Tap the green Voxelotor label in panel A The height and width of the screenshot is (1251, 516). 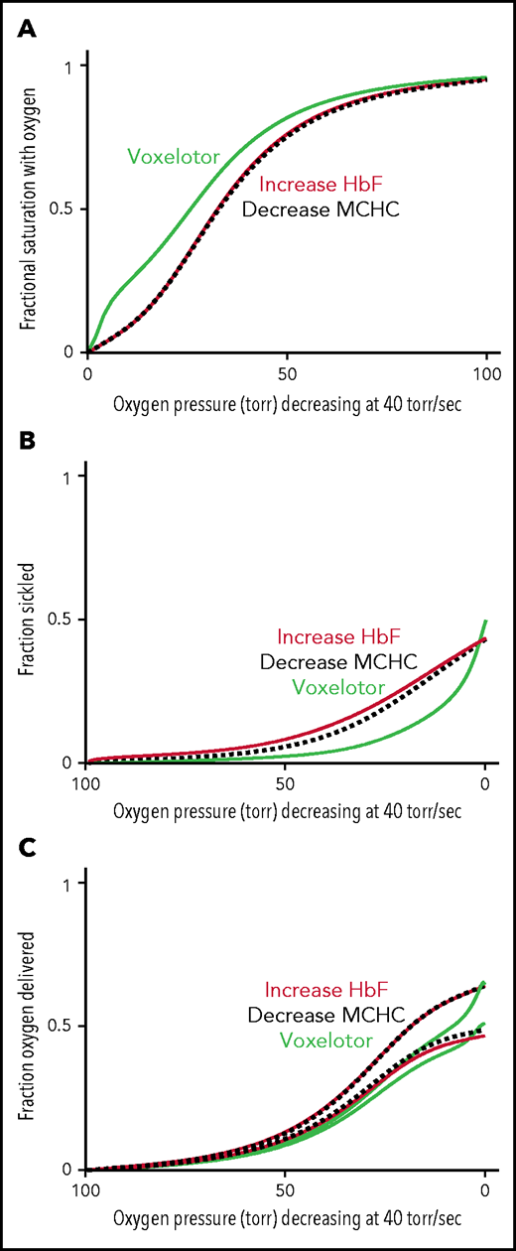coord(173,155)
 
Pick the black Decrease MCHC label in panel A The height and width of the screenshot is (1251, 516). coord(321,209)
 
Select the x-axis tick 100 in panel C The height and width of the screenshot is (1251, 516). coord(87,1193)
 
